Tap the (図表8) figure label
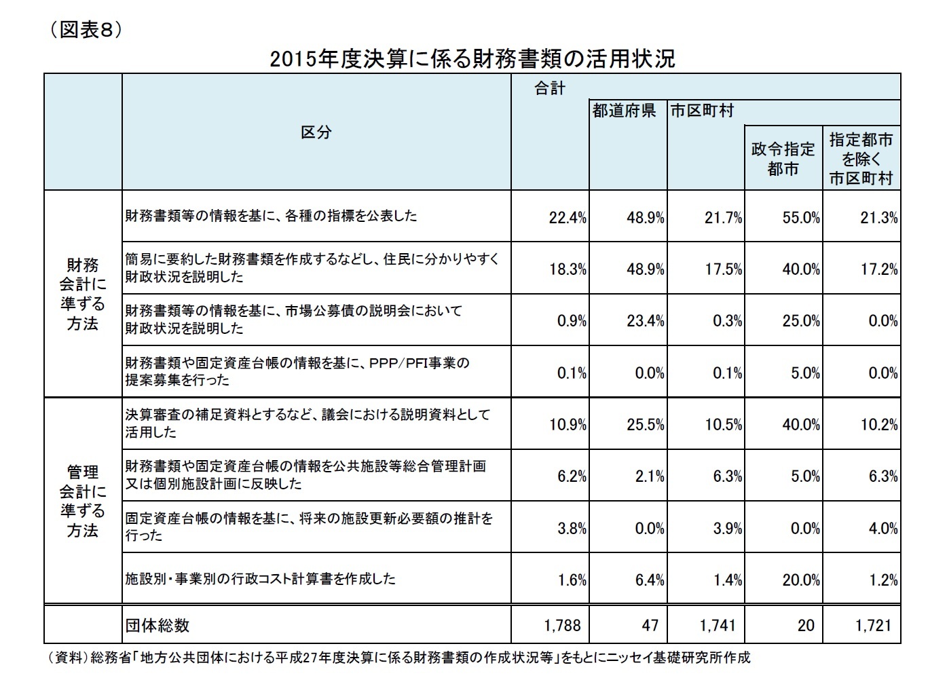tap(84, 31)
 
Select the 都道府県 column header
tap(624, 111)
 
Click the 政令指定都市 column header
tap(783, 159)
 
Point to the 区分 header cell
tap(316, 132)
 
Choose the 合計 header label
tap(550, 88)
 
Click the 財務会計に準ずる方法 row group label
tap(83, 293)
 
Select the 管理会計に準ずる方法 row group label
tap(83, 501)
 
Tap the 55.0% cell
tap(801, 219)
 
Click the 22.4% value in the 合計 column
tap(568, 219)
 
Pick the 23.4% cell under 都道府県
tap(645, 321)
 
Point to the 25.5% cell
tap(645, 425)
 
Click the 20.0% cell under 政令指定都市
tap(801, 580)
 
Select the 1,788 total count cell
tap(562, 625)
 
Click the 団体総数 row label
tap(157, 625)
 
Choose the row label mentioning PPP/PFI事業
tap(297, 371)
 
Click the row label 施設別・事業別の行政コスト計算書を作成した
tap(261, 579)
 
